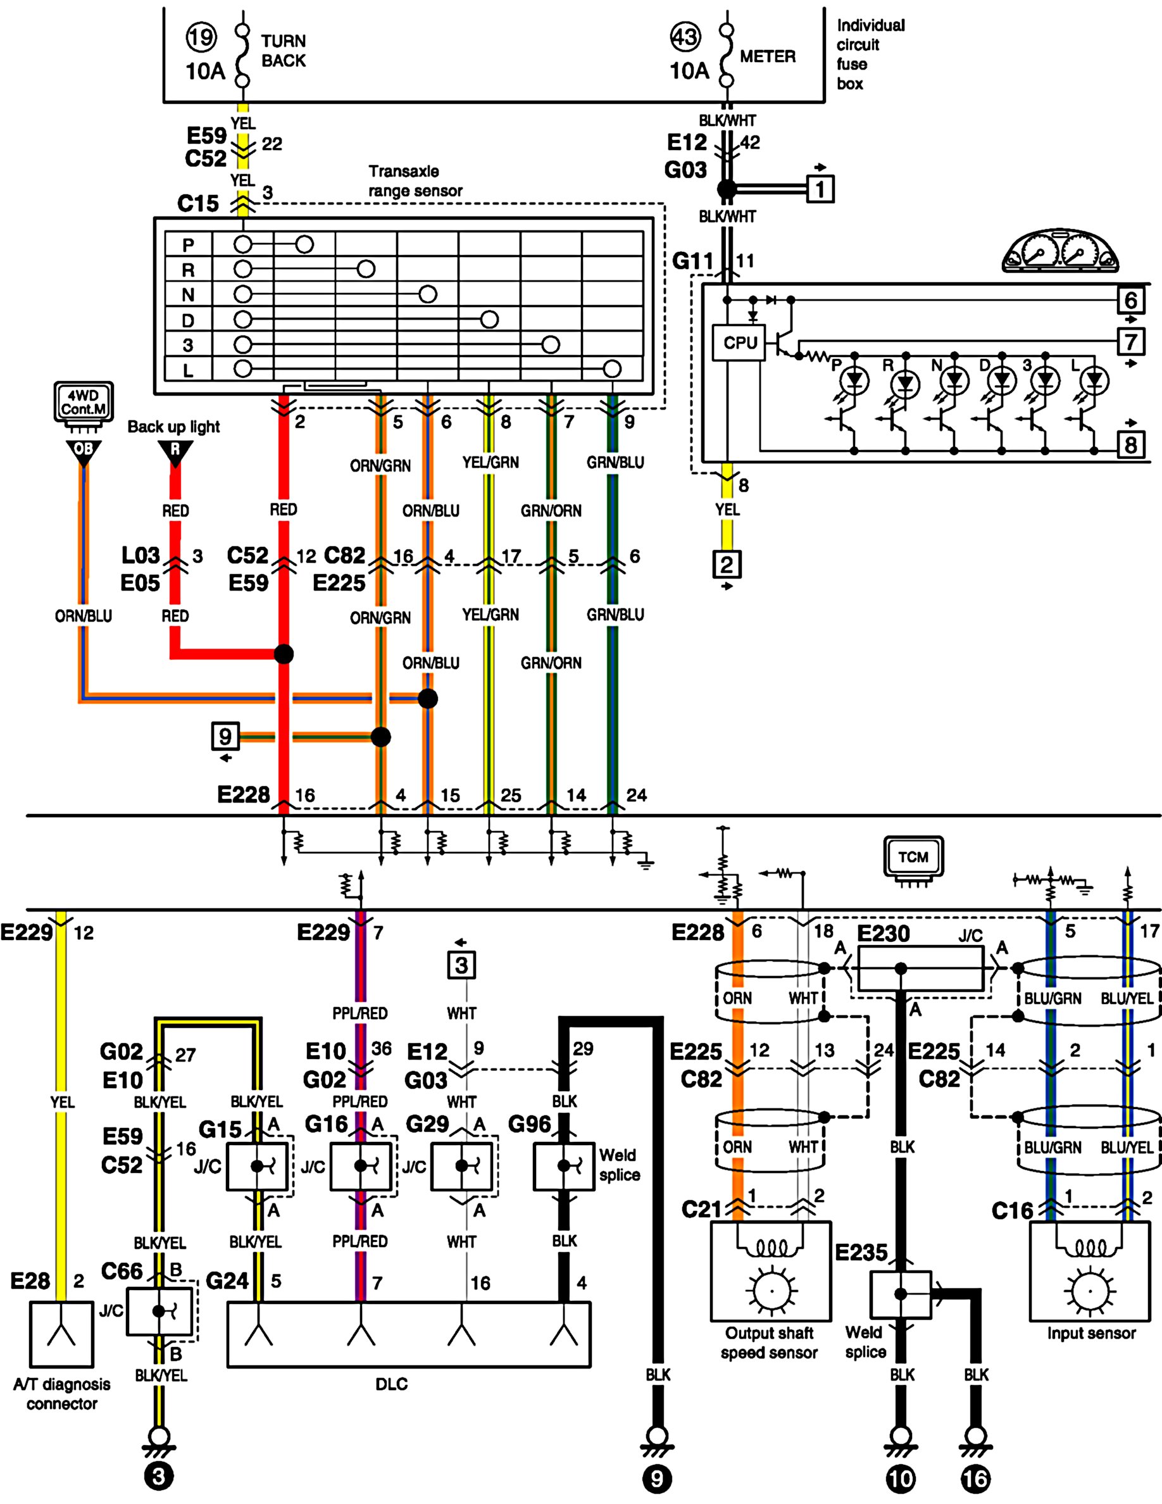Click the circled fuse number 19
[201, 37]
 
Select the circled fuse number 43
[685, 37]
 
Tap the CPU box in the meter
[739, 342]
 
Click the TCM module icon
[913, 860]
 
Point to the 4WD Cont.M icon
[84, 403]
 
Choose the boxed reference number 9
[225, 736]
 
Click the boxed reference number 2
[727, 564]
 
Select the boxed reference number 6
[1131, 300]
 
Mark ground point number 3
[159, 1476]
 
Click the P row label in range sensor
[188, 244]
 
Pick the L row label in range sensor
[188, 370]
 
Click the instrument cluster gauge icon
[1060, 252]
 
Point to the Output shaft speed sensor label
[769, 1343]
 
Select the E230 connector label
[883, 934]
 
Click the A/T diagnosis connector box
[61, 1334]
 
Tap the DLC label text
[391, 1384]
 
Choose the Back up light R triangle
[175, 453]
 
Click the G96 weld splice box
[564, 1166]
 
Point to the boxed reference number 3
[461, 965]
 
